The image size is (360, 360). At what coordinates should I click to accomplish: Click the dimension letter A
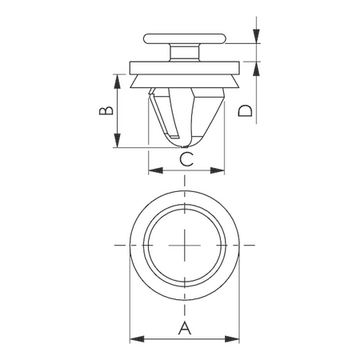[x=185, y=326]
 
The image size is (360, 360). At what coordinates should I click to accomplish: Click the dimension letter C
[x=185, y=159]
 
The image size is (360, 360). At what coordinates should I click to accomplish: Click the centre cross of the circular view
[x=185, y=244]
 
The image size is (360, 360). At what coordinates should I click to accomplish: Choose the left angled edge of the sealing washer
[x=133, y=81]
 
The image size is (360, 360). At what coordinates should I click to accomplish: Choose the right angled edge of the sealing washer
[x=237, y=81]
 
